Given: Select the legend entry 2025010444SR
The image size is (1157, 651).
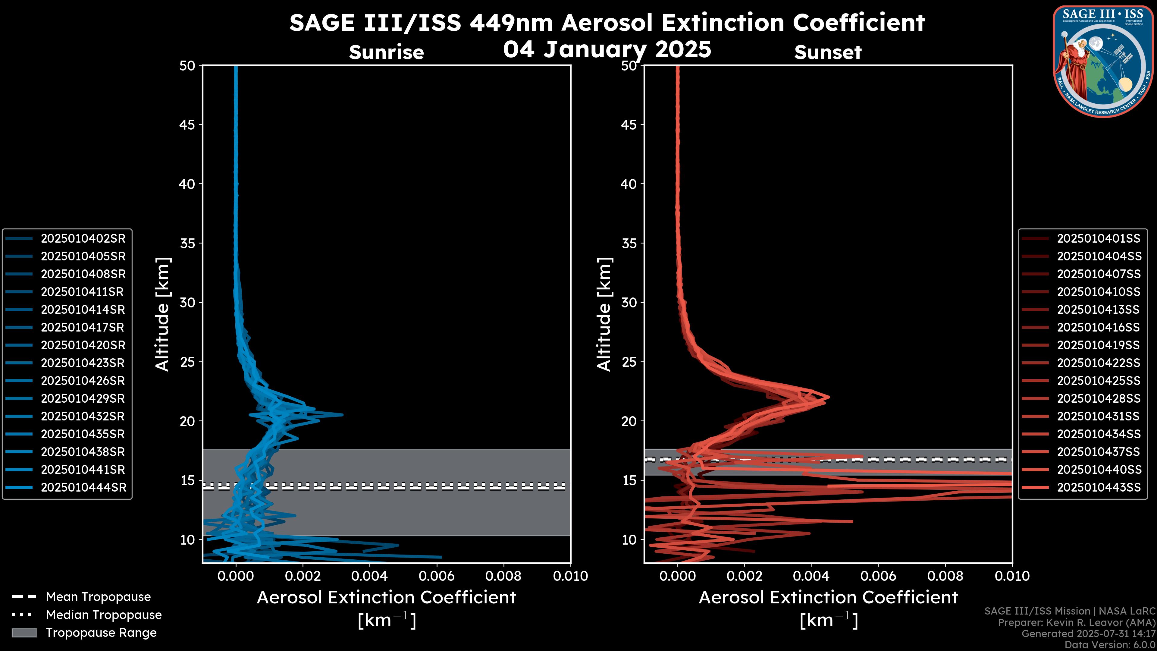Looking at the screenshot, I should tap(83, 487).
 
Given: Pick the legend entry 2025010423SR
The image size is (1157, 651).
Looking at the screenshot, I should tap(83, 363).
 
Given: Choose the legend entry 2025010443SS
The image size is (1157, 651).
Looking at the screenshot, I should tap(1099, 487).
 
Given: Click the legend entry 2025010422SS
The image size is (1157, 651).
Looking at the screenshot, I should tap(1098, 363).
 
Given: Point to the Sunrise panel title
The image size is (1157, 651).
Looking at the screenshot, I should tap(386, 52).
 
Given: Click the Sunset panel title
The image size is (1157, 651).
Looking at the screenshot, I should tap(828, 52).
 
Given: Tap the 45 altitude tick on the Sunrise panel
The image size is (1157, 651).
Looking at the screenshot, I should tap(187, 125).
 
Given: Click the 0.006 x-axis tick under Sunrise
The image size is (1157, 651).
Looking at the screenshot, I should tap(436, 576).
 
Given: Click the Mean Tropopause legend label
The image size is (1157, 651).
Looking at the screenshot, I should tap(98, 597).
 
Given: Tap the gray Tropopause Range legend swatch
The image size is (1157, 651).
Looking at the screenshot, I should tap(24, 633).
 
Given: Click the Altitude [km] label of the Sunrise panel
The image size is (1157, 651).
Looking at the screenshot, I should tap(162, 314).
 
